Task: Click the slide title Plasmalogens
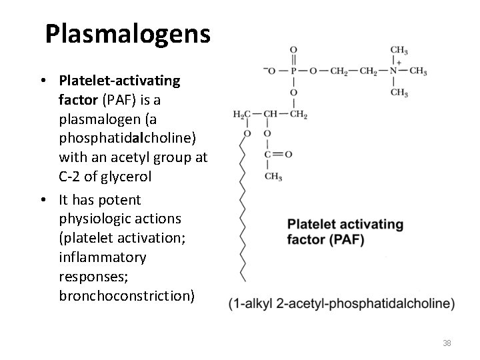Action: coord(127,33)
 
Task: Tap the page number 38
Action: coord(447,343)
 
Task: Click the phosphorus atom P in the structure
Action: coord(294,71)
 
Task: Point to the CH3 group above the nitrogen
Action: coord(399,50)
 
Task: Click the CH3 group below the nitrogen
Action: coord(399,93)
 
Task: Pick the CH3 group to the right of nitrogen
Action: coord(418,71)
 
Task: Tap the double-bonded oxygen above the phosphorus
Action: coord(294,50)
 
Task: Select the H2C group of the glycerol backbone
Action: coord(241,115)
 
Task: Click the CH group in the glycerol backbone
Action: coord(270,115)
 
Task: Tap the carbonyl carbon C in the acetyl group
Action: coord(267,155)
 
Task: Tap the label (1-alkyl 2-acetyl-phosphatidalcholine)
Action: coord(341,304)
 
